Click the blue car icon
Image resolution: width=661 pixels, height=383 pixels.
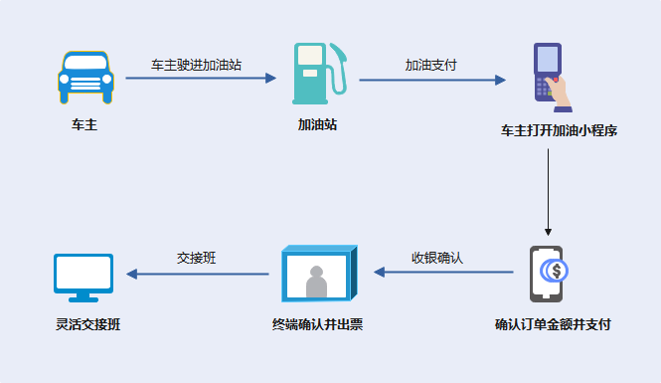pos(84,77)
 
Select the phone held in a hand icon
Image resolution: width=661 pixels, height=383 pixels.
pos(550,74)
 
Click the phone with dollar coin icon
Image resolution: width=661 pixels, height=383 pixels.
pos(548,273)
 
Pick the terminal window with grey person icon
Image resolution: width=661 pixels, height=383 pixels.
pos(316,273)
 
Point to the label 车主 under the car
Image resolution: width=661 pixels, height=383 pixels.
pos(84,126)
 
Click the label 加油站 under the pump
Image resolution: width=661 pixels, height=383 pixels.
pos(317,126)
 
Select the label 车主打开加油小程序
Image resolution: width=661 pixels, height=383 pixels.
pos(552,130)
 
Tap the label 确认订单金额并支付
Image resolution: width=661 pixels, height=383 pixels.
pos(553,324)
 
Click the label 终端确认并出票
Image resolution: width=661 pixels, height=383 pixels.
pos(317,324)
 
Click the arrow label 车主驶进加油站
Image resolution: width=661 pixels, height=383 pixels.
pos(197,64)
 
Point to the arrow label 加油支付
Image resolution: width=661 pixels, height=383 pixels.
pos(430,64)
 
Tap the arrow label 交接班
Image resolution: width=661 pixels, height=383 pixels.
pos(197,258)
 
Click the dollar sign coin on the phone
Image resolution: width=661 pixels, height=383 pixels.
pos(557,270)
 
